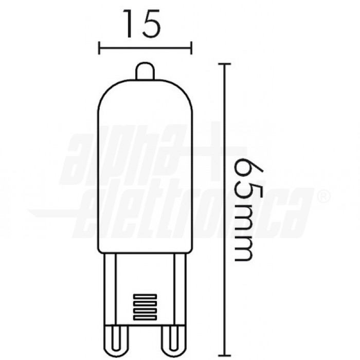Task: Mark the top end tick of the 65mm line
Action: [x=223, y=64]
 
